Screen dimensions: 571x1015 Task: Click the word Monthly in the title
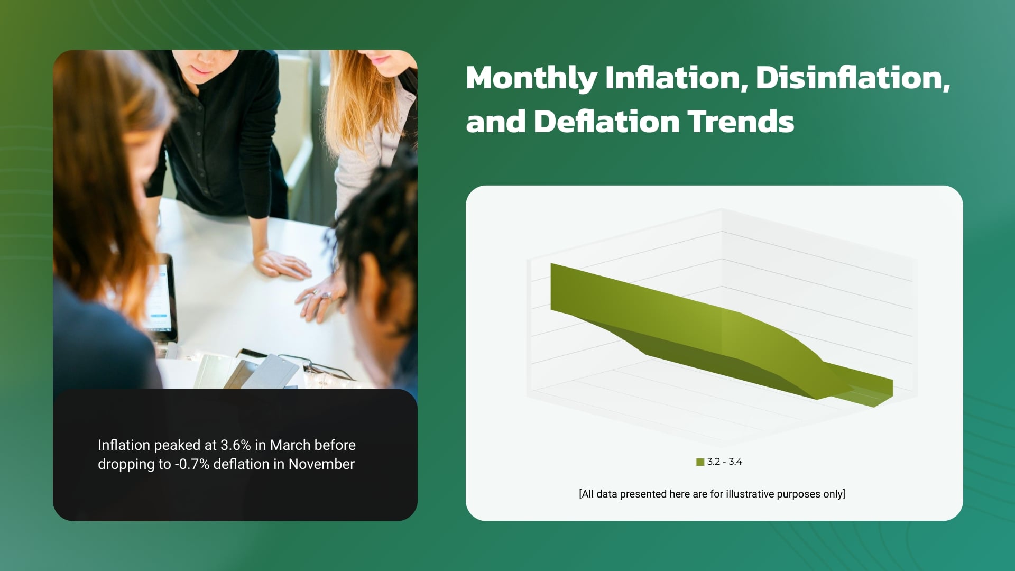coord(531,78)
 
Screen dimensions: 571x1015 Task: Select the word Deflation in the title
coord(605,122)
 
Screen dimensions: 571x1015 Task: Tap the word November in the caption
coord(321,464)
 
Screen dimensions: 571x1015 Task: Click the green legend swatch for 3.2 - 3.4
coord(700,462)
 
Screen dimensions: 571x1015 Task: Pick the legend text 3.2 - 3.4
coord(725,462)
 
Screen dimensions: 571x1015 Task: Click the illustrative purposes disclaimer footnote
coord(712,494)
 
